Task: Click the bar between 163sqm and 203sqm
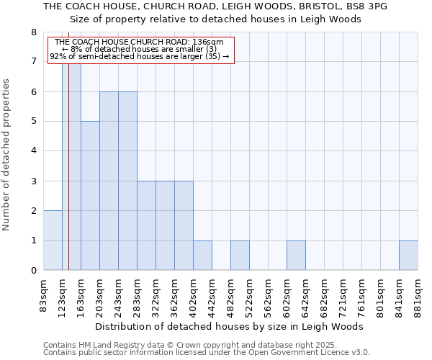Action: pos(90,196)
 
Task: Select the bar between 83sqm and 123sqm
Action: pos(53,240)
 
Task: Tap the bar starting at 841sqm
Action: pos(408,256)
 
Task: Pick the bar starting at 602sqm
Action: pos(296,256)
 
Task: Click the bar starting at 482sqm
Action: pos(240,256)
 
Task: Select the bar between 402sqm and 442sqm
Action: pos(202,256)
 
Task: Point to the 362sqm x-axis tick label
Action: pos(174,294)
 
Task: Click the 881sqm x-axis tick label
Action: pos(418,294)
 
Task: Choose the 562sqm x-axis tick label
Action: pos(268,294)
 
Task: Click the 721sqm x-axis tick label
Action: pos(343,294)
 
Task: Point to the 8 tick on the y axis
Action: pos(33,32)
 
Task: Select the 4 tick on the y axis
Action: pos(33,151)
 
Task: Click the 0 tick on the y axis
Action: pos(33,271)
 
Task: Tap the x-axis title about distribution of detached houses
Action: pos(229,327)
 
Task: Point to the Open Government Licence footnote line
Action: pos(207,353)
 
